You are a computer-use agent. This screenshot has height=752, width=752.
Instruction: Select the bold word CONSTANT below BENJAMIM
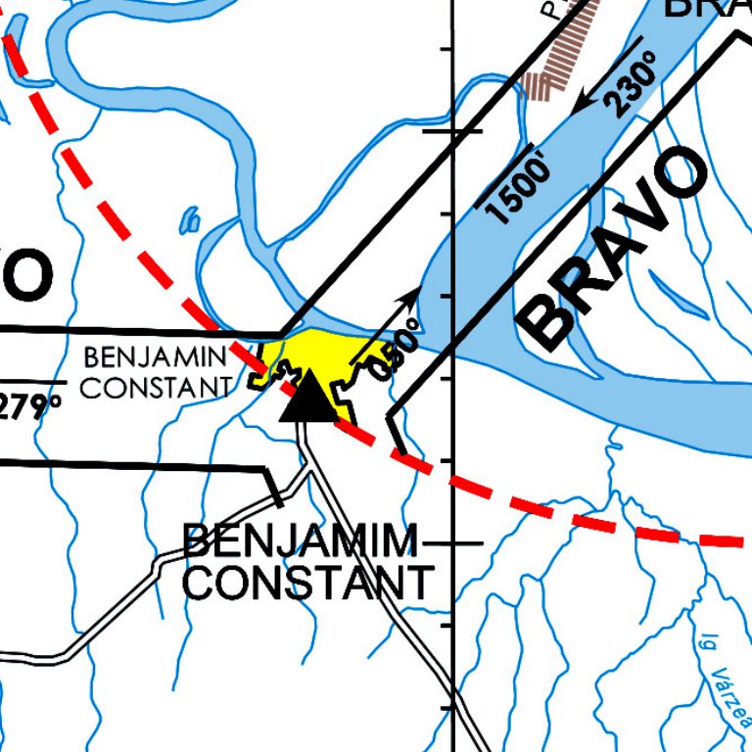click(306, 584)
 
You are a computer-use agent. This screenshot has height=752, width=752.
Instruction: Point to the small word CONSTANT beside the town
click(156, 388)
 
